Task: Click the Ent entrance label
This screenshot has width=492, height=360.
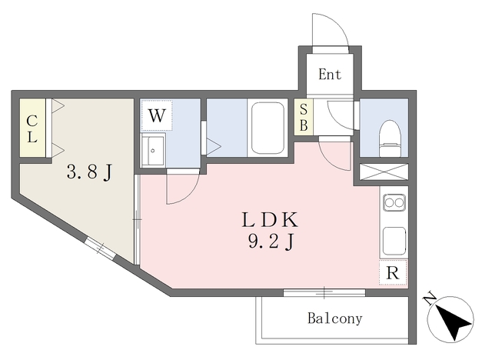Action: coord(330,75)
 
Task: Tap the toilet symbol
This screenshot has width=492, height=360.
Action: coord(390,138)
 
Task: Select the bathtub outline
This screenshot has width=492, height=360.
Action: coord(268,128)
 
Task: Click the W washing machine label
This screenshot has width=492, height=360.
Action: coord(156,115)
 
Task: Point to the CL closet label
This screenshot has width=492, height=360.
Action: coord(32,128)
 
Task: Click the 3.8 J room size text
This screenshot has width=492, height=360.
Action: coord(89,172)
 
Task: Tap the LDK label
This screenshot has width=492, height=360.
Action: coord(270,220)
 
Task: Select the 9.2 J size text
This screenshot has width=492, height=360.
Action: coord(271,242)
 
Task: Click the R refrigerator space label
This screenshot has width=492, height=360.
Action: coord(393,273)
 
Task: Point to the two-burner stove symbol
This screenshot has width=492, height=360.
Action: coord(394,202)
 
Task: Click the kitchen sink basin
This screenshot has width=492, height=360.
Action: coord(394,241)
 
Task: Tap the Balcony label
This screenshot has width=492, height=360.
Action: coord(335,318)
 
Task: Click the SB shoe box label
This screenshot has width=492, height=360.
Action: coord(304,118)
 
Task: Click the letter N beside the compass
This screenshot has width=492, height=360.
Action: coord(430,299)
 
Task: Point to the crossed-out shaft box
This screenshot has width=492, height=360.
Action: coord(384,172)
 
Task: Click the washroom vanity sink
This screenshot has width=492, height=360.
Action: coord(153,151)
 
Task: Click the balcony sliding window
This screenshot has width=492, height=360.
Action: coord(324,293)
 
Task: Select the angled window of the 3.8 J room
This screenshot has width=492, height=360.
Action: coord(100,248)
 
